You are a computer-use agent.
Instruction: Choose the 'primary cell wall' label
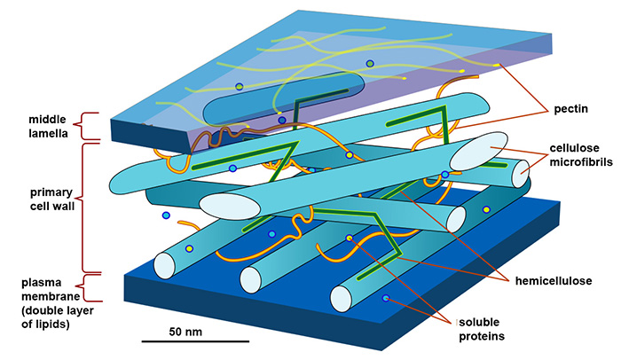click(x=43, y=199)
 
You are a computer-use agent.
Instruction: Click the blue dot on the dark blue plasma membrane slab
click(x=386, y=299)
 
